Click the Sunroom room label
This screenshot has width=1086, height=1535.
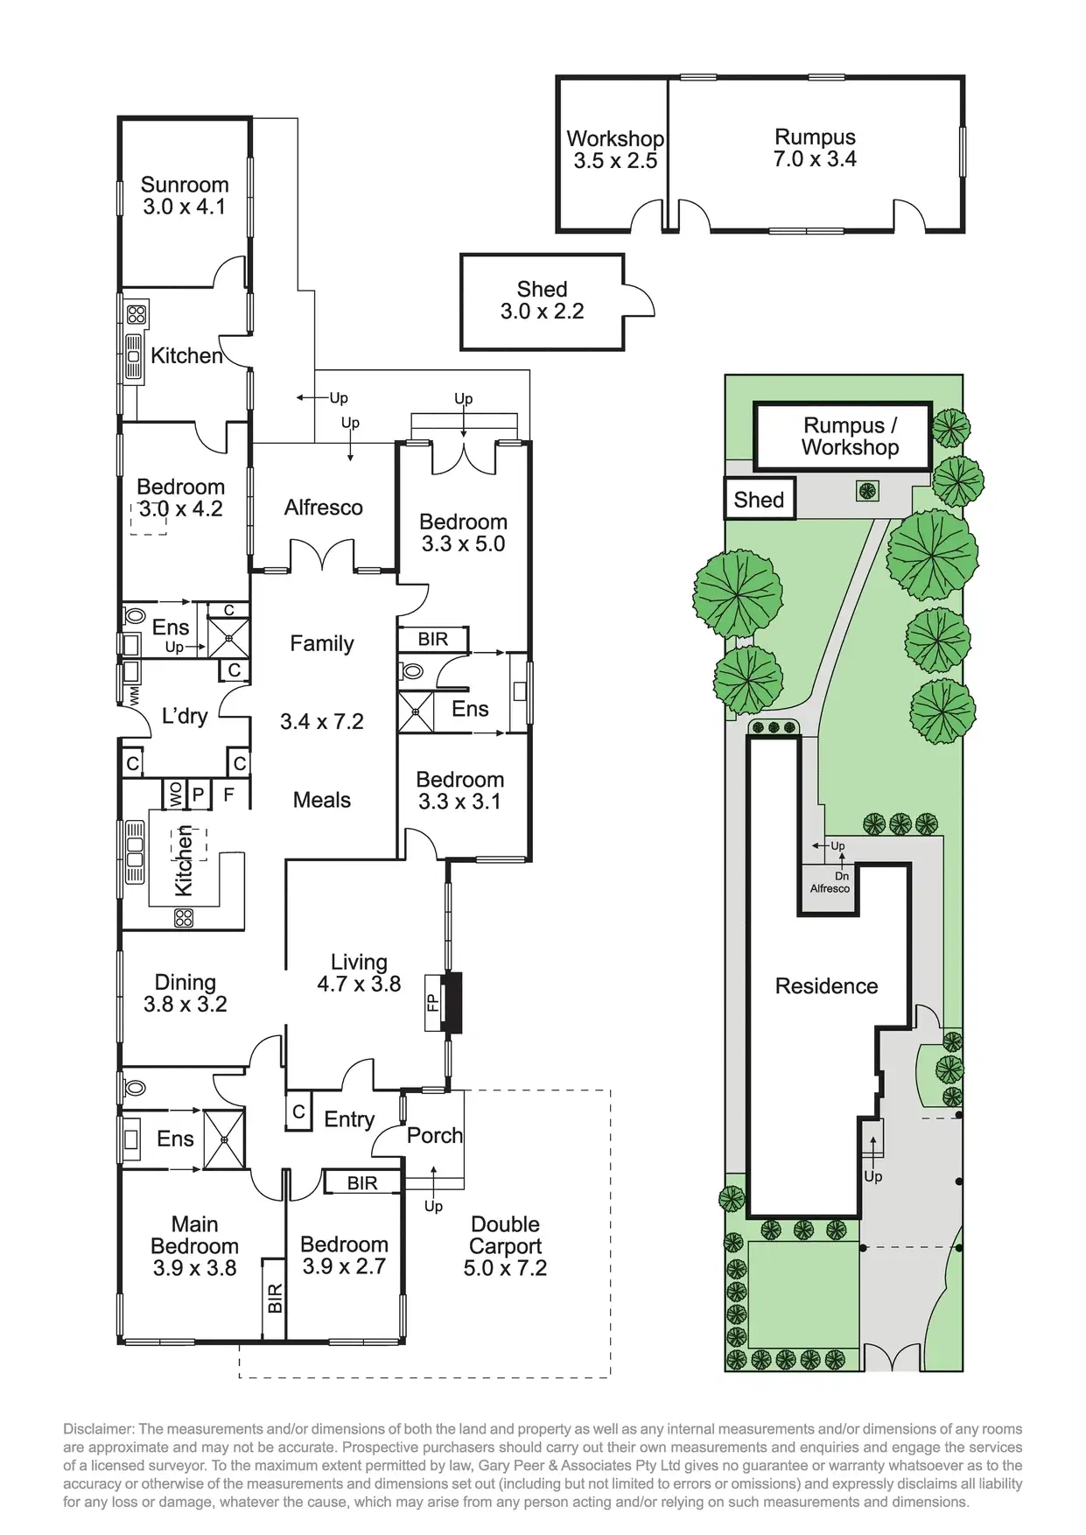click(185, 185)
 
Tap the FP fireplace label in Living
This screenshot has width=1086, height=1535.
click(432, 1003)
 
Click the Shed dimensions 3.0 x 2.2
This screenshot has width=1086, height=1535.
click(542, 312)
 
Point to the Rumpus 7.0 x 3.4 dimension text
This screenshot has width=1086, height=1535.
click(815, 159)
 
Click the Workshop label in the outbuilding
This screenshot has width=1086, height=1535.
click(615, 138)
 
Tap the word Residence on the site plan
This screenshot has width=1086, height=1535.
click(826, 986)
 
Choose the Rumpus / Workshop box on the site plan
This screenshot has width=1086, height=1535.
click(844, 437)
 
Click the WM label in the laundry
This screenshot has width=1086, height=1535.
click(134, 696)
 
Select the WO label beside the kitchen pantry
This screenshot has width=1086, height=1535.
click(176, 794)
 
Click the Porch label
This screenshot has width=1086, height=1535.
click(435, 1135)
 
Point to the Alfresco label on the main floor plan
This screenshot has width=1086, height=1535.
click(323, 508)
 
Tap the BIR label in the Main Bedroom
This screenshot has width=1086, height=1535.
click(275, 1298)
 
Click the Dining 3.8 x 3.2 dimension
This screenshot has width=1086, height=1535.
click(186, 1005)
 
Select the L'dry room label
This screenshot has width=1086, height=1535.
click(185, 716)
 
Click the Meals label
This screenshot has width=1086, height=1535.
click(322, 800)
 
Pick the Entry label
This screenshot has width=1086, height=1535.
click(349, 1120)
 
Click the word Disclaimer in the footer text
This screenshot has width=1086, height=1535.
click(98, 1428)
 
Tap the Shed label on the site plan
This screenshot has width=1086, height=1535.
click(759, 500)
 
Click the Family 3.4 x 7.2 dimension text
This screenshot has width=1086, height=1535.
click(322, 722)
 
